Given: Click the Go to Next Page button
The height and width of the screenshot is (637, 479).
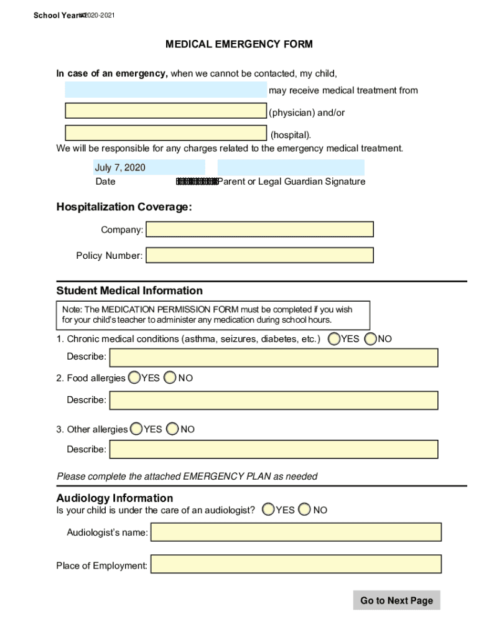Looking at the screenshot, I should (396, 600).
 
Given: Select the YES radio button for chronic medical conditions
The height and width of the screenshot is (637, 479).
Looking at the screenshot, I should (334, 339).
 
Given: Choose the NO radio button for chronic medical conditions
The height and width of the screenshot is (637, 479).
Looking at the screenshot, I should (371, 339).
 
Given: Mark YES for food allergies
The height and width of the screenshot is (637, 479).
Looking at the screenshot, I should (134, 378).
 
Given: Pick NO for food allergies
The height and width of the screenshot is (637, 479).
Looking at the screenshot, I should (170, 378).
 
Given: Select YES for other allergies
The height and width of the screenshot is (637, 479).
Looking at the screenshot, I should (136, 429).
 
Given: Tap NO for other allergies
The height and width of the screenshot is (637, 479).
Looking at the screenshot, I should (173, 429).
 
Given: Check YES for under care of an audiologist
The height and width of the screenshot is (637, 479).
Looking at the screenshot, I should (268, 510).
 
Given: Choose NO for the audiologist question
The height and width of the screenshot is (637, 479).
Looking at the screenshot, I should (305, 510).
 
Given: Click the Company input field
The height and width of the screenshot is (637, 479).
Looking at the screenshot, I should (259, 230).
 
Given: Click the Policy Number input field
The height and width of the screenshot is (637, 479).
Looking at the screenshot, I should (259, 256).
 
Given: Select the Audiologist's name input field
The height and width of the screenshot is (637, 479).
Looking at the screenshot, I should (296, 532).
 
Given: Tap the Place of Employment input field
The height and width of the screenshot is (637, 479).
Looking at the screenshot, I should (296, 564).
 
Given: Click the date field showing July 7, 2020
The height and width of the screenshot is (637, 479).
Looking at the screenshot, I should (149, 167).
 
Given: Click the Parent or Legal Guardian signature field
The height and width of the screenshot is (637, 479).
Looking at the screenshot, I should (291, 167).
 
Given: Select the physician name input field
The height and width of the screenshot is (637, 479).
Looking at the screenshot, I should (165, 111).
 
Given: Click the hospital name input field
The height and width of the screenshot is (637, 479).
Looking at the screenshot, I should (165, 133).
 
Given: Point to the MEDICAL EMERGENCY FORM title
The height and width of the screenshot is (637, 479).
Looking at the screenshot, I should (239, 44).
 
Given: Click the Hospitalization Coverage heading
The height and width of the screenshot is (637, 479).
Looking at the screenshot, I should (124, 207).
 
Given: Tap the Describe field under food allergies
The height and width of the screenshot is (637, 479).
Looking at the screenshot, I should (274, 400).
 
